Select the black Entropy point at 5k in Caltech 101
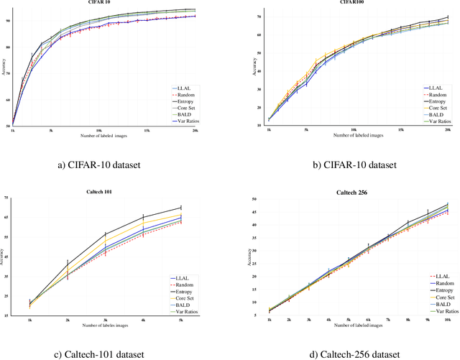click(x=180, y=208)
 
